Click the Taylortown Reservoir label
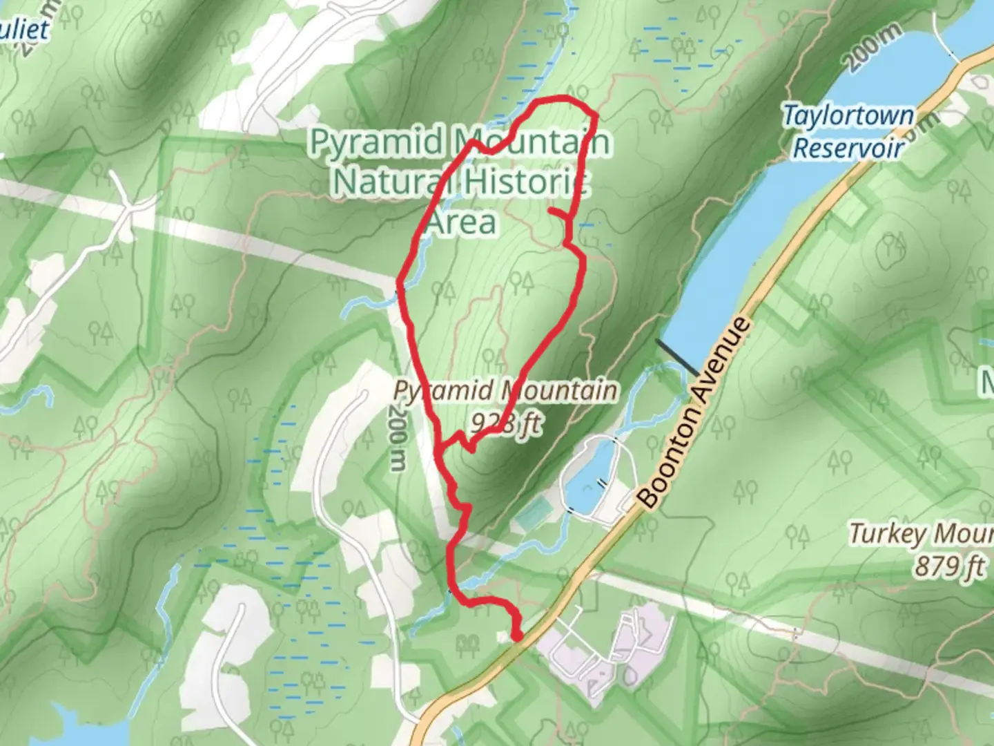pyautogui.click(x=848, y=131)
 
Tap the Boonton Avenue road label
pyautogui.click(x=693, y=412)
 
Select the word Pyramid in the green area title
pyautogui.click(x=376, y=142)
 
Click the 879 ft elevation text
pyautogui.click(x=949, y=566)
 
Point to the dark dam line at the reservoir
pyautogui.click(x=676, y=358)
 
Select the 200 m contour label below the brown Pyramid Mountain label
pyautogui.click(x=397, y=438)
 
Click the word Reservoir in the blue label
pyautogui.click(x=848, y=148)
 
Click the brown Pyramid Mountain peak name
pyautogui.click(x=505, y=391)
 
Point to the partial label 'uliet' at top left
pyautogui.click(x=26, y=30)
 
